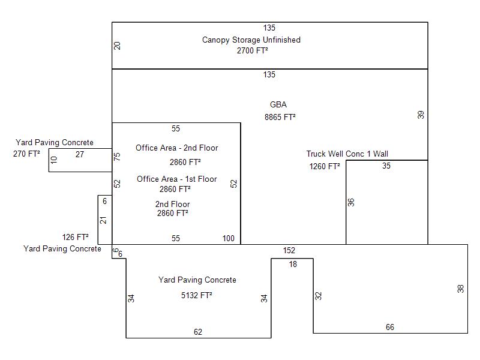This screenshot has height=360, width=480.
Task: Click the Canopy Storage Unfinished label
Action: pyautogui.click(x=251, y=40)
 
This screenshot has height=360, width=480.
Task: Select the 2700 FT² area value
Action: pyautogui.click(x=252, y=50)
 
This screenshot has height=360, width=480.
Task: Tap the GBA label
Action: pyautogui.click(x=278, y=104)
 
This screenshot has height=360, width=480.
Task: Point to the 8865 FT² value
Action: pyautogui.click(x=280, y=117)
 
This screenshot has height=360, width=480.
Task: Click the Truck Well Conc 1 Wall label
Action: pyautogui.click(x=347, y=154)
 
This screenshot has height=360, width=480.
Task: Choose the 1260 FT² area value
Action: pyautogui.click(x=325, y=167)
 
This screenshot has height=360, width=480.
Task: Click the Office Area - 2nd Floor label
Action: pyautogui.click(x=176, y=148)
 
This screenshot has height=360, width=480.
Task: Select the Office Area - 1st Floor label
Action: pyautogui.click(x=176, y=179)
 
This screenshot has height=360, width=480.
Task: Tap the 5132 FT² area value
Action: pyautogui.click(x=197, y=295)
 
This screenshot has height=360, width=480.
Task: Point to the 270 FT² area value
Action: pyautogui.click(x=26, y=154)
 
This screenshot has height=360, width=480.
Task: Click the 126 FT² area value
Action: pyautogui.click(x=76, y=237)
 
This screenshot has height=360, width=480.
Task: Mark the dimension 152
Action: pyautogui.click(x=289, y=251)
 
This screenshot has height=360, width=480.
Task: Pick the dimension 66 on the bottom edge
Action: pyautogui.click(x=389, y=327)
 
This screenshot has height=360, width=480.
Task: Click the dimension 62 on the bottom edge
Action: pyautogui.click(x=198, y=332)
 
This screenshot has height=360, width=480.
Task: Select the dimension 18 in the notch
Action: pyautogui.click(x=293, y=265)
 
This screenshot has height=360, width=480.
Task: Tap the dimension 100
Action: pyautogui.click(x=229, y=238)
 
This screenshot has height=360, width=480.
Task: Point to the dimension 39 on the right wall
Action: pyautogui.click(x=421, y=115)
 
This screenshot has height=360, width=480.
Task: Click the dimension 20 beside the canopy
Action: pyautogui.click(x=117, y=46)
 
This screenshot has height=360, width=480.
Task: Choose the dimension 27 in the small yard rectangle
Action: pyautogui.click(x=80, y=155)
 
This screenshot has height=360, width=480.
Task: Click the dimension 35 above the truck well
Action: pyautogui.click(x=386, y=166)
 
